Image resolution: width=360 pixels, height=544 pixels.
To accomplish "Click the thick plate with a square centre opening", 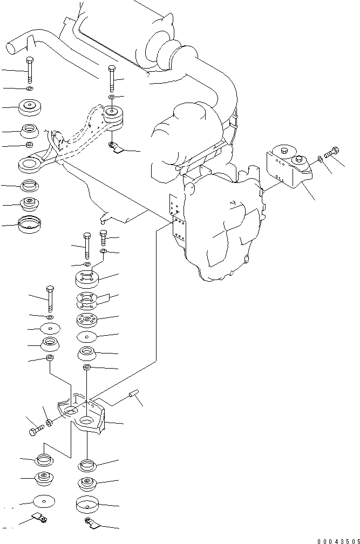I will tap(86, 280).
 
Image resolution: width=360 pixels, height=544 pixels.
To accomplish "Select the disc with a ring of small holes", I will tap(86, 321).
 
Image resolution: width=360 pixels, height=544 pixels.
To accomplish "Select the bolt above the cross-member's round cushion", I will tap(111, 79).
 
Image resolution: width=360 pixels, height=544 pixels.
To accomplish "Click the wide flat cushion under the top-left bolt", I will tap(31, 108).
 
